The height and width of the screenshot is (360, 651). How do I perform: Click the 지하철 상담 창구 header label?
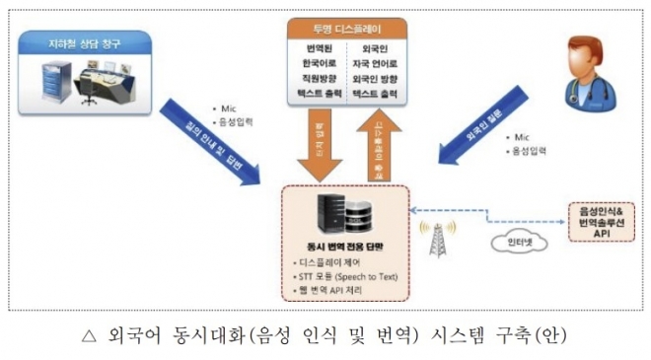click(x=82, y=41)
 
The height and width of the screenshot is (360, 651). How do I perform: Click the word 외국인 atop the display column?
click(x=376, y=47)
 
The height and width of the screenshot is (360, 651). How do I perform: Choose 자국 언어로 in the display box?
click(x=376, y=63)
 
